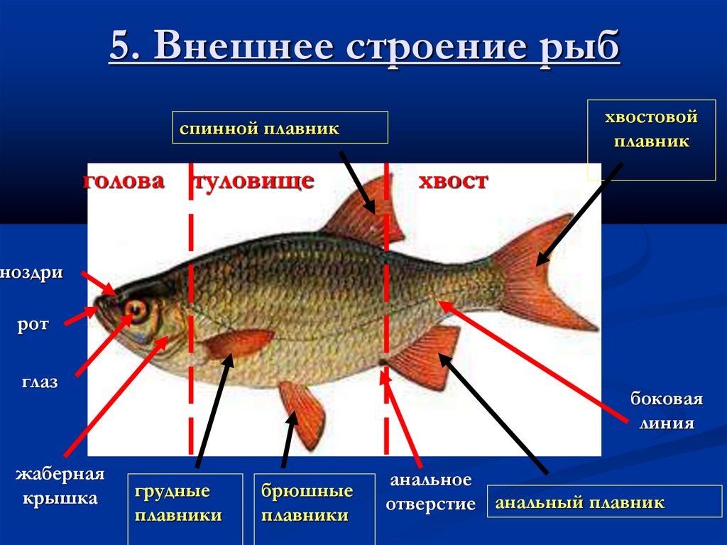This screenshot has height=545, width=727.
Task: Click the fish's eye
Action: (x=136, y=309)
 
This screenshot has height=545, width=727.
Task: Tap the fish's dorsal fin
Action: (x=362, y=217)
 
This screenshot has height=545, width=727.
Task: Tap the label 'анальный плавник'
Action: (x=579, y=503)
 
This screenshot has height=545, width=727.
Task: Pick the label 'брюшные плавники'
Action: (x=307, y=503)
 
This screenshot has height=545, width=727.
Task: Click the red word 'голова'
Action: (x=124, y=180)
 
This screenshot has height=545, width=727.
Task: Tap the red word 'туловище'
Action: (x=253, y=180)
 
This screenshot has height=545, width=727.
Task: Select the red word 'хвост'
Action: (x=453, y=180)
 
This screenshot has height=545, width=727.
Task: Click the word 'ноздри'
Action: (x=32, y=272)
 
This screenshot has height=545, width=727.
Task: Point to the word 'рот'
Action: (x=33, y=325)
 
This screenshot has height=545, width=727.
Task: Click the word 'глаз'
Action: (x=39, y=382)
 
